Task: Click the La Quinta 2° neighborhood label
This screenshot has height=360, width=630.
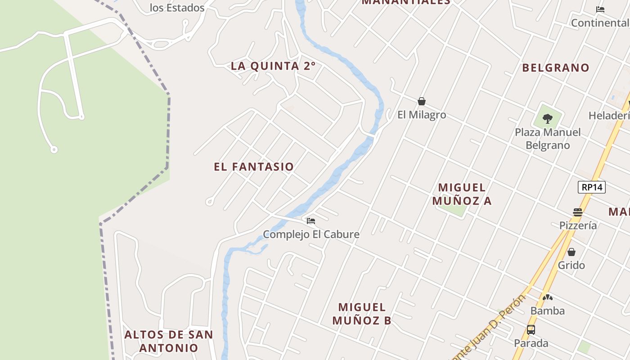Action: click(273, 66)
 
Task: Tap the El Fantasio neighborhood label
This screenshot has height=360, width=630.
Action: click(254, 167)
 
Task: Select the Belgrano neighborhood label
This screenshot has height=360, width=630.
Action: click(556, 68)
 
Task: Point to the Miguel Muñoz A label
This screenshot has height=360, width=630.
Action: click(462, 194)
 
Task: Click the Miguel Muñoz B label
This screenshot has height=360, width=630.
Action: click(362, 314)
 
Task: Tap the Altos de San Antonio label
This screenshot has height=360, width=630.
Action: click(169, 341)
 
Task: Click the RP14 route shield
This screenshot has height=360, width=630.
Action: click(592, 187)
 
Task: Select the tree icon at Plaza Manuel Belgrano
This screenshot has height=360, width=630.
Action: click(548, 119)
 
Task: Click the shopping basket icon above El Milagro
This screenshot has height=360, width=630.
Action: click(422, 101)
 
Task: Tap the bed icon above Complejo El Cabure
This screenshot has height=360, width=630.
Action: click(311, 221)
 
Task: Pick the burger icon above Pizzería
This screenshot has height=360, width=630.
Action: click(578, 212)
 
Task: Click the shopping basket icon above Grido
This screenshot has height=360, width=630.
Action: click(571, 252)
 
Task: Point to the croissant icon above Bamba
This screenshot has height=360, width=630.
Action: click(548, 297)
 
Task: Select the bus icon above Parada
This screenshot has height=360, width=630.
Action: click(531, 330)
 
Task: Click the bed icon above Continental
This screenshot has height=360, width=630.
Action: click(600, 9)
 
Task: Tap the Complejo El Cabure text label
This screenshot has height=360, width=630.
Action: click(311, 234)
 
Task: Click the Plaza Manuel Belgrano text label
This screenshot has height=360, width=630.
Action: click(548, 139)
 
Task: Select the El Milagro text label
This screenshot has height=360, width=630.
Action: click(422, 115)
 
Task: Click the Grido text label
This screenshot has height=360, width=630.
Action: click(571, 265)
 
